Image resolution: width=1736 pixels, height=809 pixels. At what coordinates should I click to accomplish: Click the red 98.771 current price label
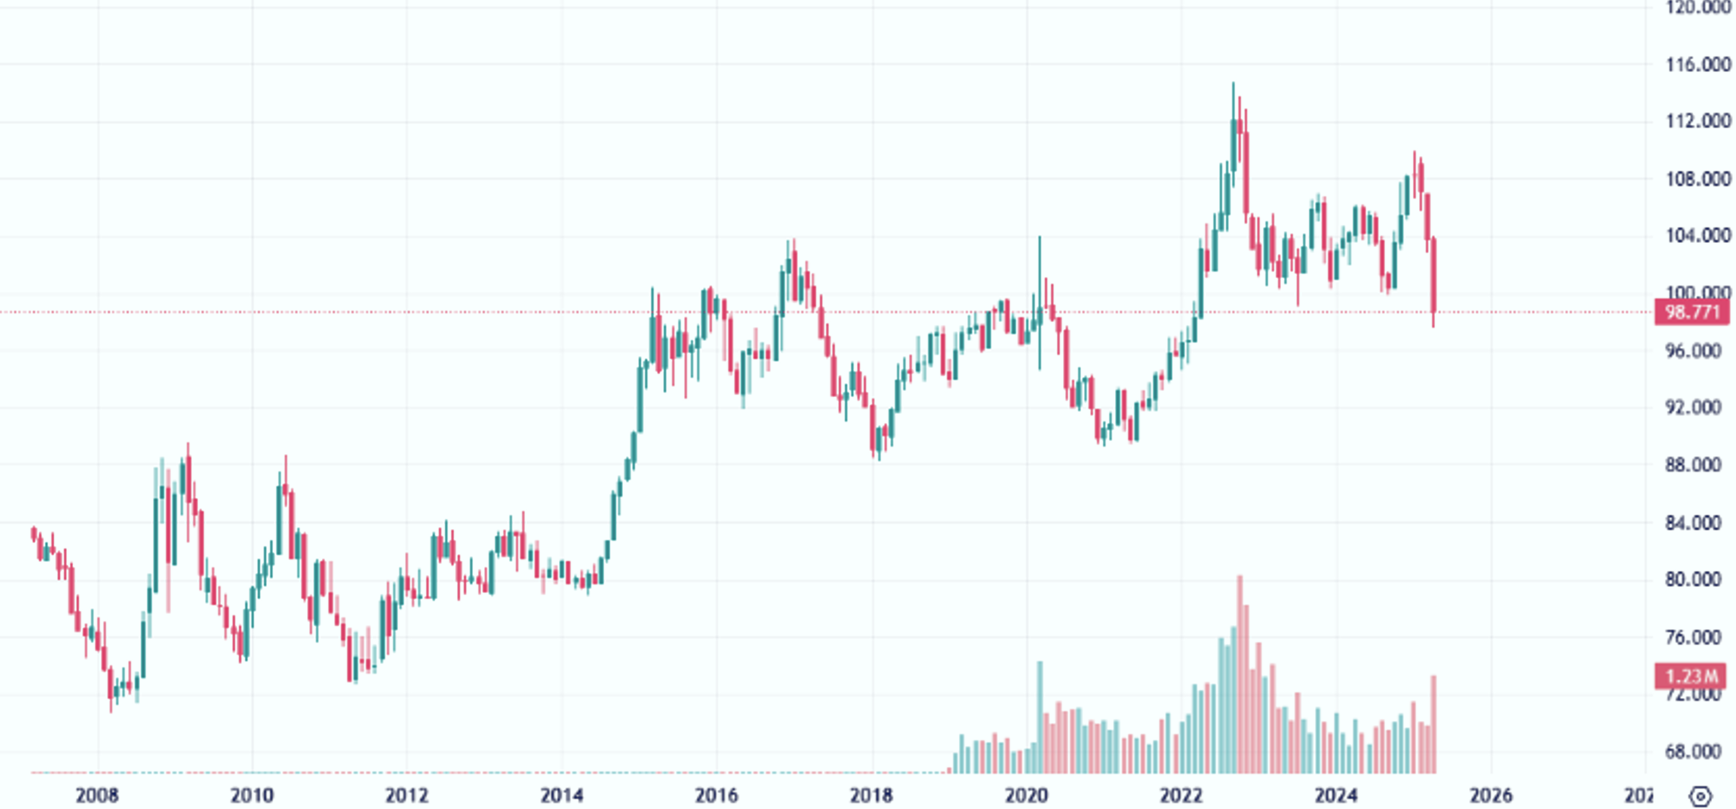point(1691,313)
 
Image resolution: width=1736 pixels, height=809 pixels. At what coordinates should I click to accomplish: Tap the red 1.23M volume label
point(1691,676)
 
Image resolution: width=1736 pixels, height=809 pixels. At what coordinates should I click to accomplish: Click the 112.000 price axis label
point(1698,121)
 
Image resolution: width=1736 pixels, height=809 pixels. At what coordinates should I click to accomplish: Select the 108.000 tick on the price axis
point(1698,179)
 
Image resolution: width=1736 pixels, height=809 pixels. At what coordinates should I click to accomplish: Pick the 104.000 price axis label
point(1698,236)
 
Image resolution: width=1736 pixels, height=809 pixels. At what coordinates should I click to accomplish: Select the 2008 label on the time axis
point(97,795)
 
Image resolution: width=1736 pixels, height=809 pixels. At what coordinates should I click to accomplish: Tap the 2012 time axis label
point(406,795)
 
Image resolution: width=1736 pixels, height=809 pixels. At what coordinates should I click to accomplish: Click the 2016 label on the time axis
point(716,795)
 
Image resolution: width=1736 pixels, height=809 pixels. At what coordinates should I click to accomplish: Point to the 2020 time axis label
point(1026,795)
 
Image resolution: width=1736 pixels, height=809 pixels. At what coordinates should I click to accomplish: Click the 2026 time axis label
point(1491,795)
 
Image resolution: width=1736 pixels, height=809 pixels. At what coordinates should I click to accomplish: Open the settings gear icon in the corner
point(1701,796)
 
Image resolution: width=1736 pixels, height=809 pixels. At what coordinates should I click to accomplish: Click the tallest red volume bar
point(1239,674)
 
